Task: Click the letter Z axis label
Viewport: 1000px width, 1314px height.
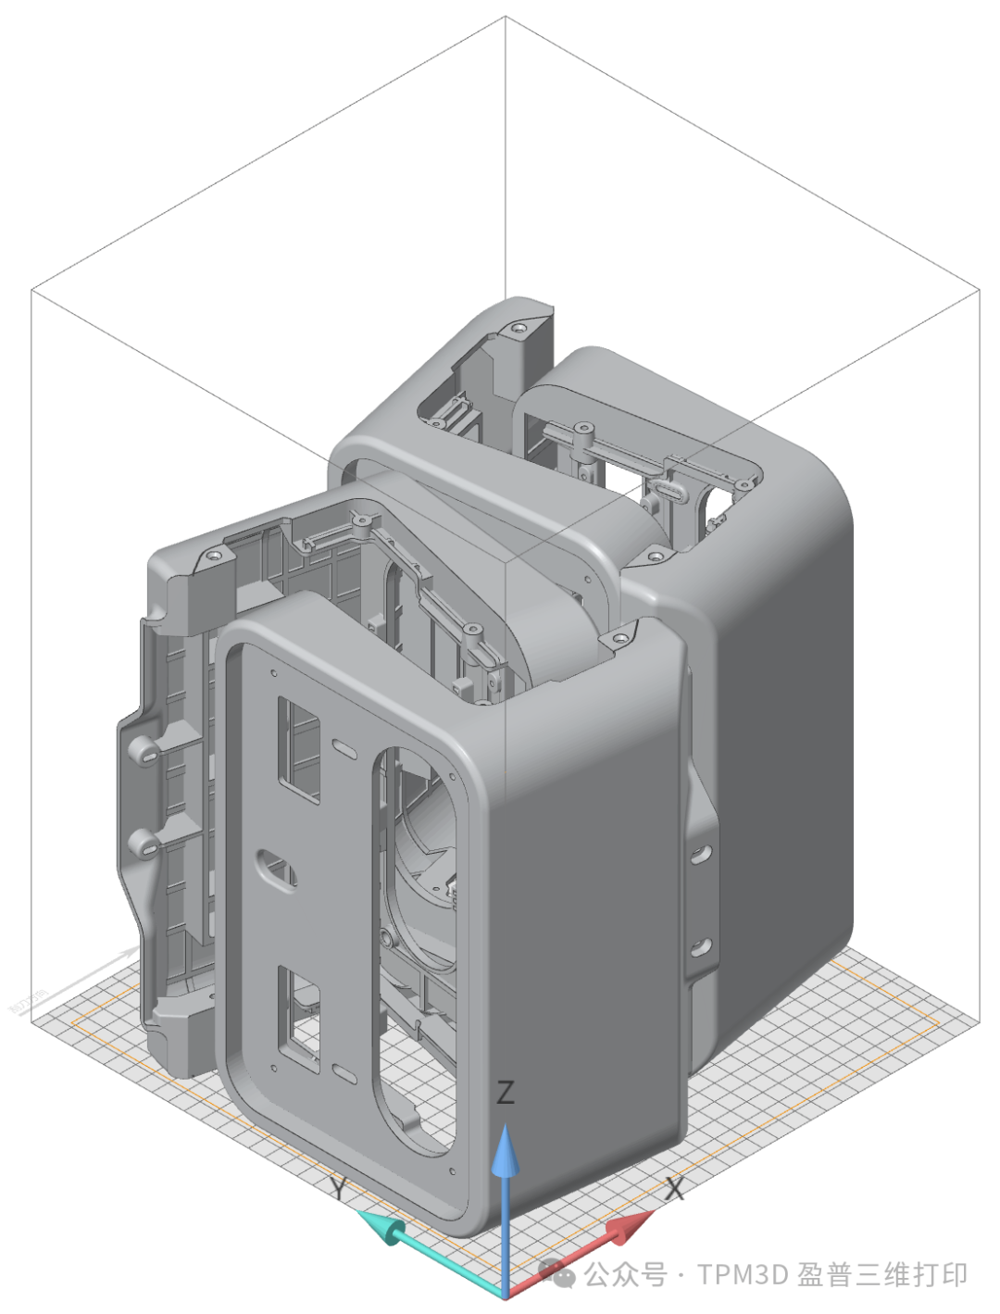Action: (505, 1093)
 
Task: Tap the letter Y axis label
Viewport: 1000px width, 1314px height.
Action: (341, 1188)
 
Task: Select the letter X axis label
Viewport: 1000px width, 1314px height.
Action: (674, 1189)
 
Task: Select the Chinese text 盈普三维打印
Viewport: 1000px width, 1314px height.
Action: (882, 1274)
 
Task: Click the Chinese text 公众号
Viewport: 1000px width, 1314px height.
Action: (626, 1274)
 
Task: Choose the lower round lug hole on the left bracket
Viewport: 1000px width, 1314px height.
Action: (143, 843)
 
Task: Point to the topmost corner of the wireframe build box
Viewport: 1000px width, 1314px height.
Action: (506, 16)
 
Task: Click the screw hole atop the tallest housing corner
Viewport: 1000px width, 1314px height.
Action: (519, 327)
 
